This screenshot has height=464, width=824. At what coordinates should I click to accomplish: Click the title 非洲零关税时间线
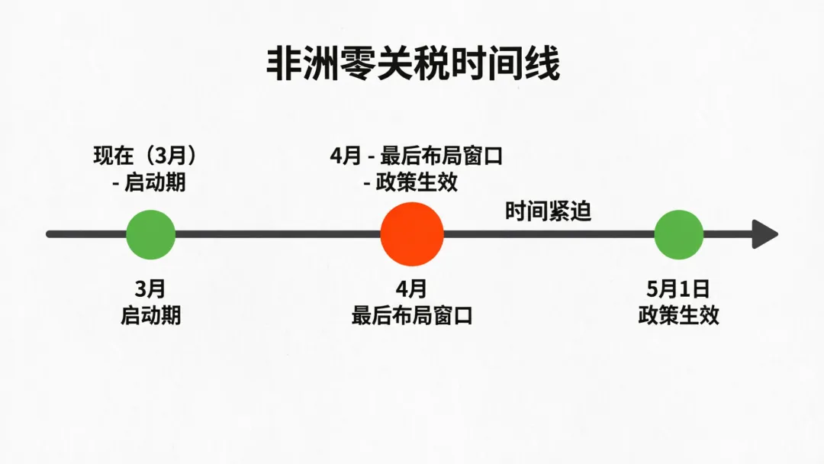(x=413, y=64)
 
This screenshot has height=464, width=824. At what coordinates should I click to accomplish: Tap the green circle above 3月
(x=150, y=234)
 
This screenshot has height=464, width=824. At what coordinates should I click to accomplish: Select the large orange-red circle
(x=412, y=234)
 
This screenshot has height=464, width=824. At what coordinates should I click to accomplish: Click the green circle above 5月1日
(x=678, y=234)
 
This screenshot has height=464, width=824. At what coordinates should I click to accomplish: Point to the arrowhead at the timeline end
(x=764, y=234)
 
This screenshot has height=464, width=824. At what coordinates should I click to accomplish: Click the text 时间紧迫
(x=548, y=211)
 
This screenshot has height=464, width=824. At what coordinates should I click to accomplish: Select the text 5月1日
(x=678, y=289)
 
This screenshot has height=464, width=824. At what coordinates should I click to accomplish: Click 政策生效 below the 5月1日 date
(x=678, y=315)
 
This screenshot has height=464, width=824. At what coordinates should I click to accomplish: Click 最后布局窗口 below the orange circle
(x=412, y=315)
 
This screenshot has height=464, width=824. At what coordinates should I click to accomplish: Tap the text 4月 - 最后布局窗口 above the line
(x=417, y=156)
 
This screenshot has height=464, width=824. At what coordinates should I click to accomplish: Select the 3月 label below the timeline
(x=150, y=289)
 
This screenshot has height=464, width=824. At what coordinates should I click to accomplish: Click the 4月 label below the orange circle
(x=412, y=289)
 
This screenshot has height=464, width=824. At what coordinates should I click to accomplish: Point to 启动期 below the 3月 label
(x=150, y=315)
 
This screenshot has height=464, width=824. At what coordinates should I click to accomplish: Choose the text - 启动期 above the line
(x=148, y=183)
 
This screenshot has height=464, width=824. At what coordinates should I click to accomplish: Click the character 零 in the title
(x=353, y=64)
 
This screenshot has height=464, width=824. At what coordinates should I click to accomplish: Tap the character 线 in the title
(x=544, y=64)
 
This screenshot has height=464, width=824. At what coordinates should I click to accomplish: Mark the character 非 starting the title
(x=281, y=64)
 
